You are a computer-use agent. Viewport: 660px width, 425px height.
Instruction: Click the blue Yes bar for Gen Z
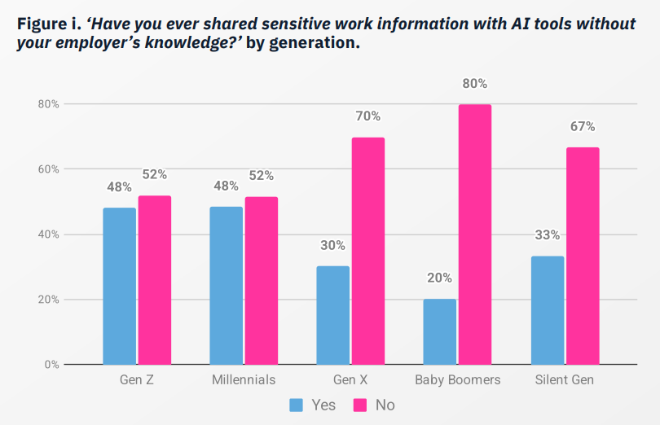tap(119, 286)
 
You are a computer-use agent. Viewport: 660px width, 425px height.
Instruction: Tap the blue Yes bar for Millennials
tap(226, 286)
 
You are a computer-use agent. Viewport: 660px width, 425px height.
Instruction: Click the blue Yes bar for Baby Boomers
tap(440, 331)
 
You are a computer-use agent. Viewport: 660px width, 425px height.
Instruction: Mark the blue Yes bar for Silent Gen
tap(547, 310)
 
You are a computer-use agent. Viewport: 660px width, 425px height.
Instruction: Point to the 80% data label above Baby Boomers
tap(474, 84)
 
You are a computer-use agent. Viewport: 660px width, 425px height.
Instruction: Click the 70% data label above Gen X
tap(367, 116)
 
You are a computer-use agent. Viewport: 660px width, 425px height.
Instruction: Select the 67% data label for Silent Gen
tap(583, 127)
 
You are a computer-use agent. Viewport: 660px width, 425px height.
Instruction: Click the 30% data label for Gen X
tap(332, 245)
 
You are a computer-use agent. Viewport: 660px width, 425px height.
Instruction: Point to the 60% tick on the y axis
tap(48, 169)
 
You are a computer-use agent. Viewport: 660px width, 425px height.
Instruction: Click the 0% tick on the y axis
tap(51, 365)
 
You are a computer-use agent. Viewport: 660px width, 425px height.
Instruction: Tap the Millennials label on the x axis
tap(243, 380)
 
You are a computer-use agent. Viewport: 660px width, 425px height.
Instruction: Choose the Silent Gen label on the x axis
tap(565, 380)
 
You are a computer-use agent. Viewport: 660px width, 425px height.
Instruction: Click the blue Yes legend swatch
tap(297, 405)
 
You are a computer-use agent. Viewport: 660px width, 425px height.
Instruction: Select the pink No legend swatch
tap(359, 405)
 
